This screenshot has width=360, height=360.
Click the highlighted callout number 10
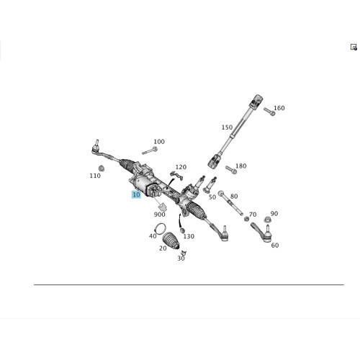click(136, 194)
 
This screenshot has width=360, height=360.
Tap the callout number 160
click(279, 108)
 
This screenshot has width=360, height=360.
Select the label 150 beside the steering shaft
click(227, 127)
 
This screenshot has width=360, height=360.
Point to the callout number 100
click(159, 142)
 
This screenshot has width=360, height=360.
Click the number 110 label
click(95, 176)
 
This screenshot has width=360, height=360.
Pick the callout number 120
click(181, 167)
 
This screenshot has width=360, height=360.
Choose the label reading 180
click(241, 166)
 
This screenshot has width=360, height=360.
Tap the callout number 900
click(160, 215)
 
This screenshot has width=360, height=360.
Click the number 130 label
click(189, 236)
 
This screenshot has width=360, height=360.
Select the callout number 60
click(275, 246)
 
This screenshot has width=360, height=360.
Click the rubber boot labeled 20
click(171, 240)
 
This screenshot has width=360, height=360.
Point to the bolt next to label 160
click(269, 112)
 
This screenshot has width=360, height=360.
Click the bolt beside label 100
click(150, 151)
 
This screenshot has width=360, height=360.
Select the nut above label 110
click(102, 168)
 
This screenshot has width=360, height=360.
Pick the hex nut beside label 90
click(266, 220)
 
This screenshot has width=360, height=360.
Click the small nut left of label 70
click(246, 219)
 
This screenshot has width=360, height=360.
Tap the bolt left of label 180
click(231, 169)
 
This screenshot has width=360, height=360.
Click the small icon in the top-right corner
click(354, 47)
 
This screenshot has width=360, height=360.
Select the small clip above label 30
click(184, 253)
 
